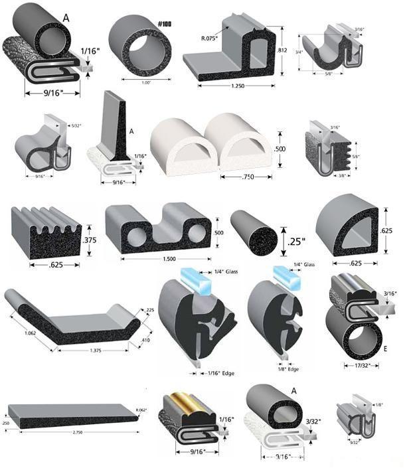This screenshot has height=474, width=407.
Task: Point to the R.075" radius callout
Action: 212,29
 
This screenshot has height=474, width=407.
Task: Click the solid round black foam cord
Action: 252,233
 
